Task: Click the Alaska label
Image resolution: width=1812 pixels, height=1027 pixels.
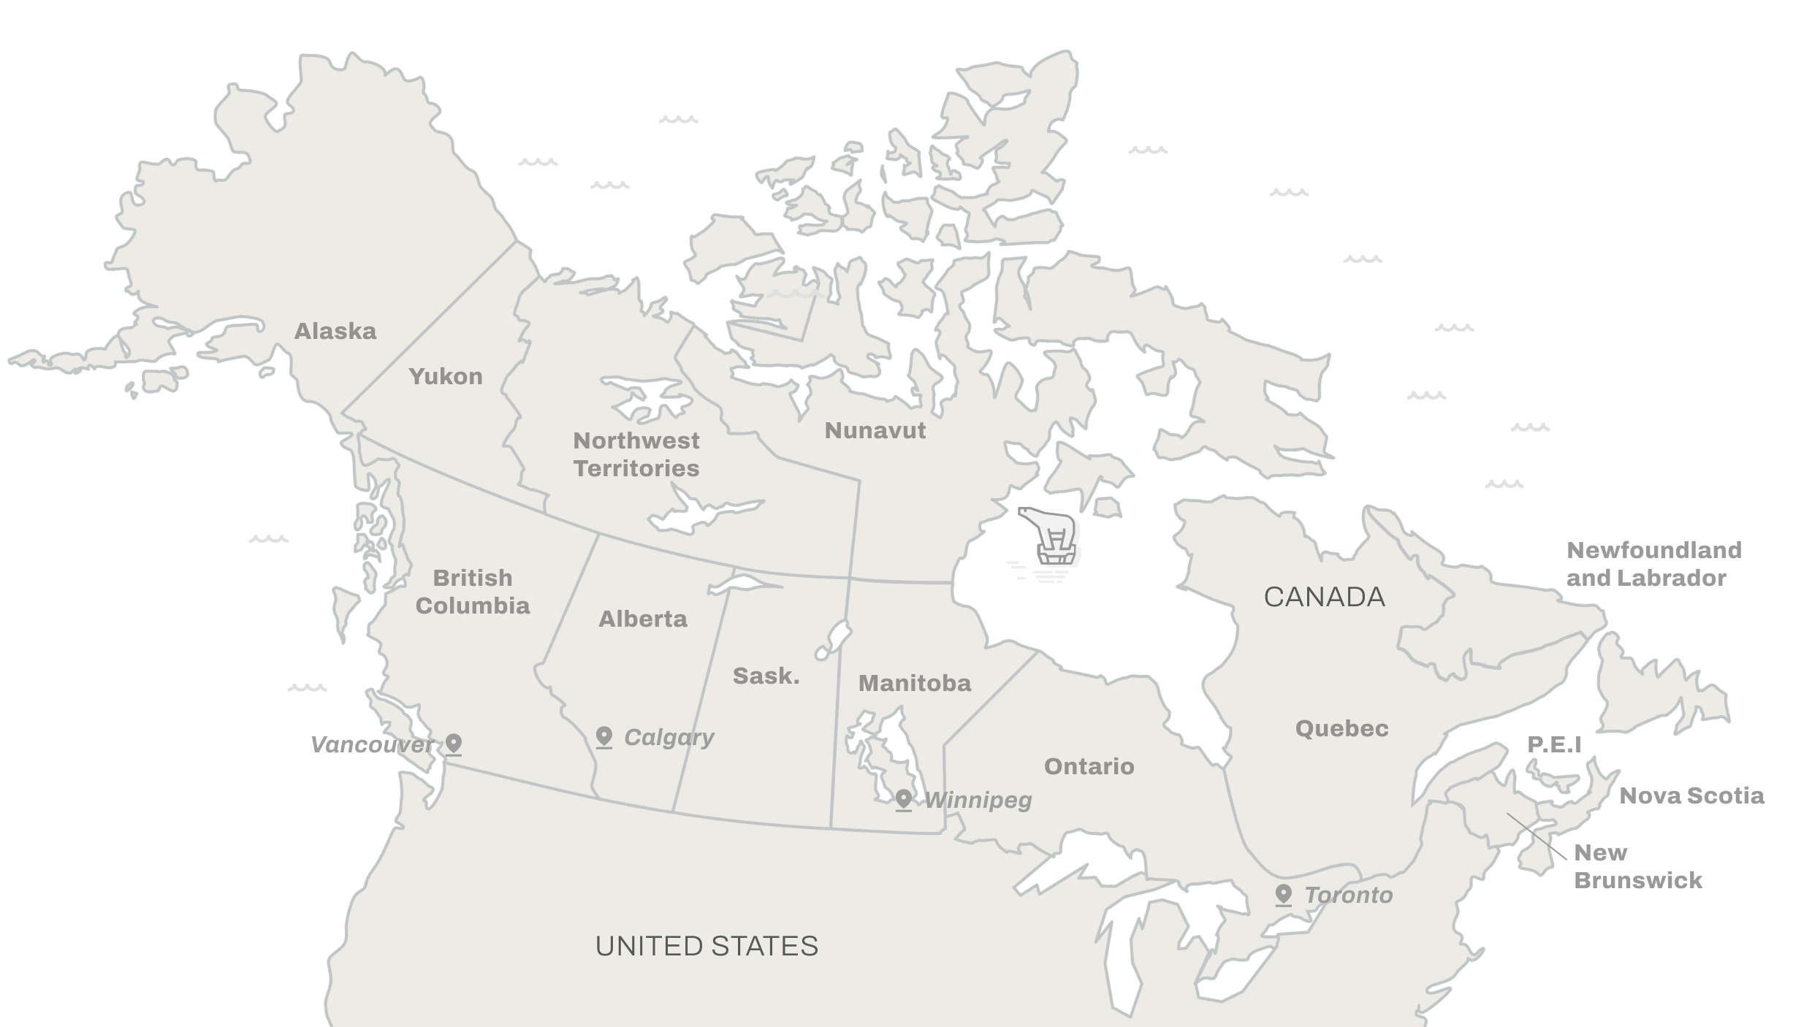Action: coord(335,332)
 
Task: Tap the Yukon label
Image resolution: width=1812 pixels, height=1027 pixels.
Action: coord(446,377)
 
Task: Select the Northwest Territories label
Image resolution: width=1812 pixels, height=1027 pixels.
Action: coord(636,454)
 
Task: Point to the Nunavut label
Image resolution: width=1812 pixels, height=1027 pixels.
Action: coord(875,431)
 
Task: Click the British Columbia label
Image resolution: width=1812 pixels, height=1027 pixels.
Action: coord(473,592)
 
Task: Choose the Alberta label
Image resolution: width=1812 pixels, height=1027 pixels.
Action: coord(643,619)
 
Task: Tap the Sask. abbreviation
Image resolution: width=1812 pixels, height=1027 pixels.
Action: coord(766,676)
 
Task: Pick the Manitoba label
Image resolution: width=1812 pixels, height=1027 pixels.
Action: coord(915,684)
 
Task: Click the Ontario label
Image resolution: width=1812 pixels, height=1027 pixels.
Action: coord(1089,766)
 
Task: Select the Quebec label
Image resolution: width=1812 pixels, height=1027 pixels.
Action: coord(1341,728)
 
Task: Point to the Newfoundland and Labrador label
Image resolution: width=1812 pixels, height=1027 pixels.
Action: coord(1654,564)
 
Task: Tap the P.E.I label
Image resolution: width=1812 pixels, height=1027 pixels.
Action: coord(1554,745)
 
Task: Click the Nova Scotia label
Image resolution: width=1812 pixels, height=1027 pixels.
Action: coord(1691,795)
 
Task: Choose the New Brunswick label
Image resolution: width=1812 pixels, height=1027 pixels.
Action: coord(1637,866)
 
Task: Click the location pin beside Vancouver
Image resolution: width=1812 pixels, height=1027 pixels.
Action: coord(454,744)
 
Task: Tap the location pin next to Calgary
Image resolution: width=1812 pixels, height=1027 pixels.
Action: coord(604,736)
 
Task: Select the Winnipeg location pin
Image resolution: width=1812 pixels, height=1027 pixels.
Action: coord(904,799)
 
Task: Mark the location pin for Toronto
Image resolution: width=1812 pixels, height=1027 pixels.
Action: coord(1283,894)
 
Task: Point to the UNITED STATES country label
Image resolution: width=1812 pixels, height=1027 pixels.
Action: coord(707,947)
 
